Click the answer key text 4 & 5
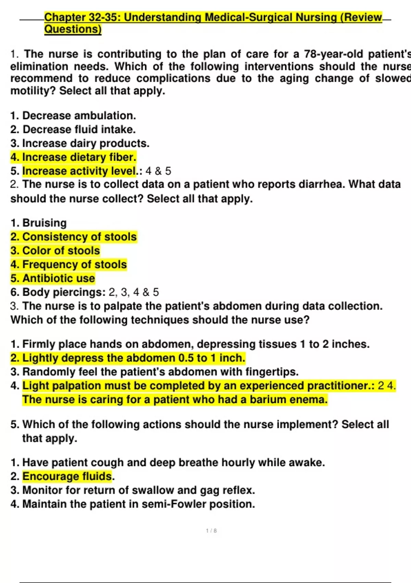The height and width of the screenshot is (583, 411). tap(158, 171)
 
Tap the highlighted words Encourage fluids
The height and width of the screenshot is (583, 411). tap(67, 476)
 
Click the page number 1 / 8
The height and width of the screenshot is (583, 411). tap(211, 531)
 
